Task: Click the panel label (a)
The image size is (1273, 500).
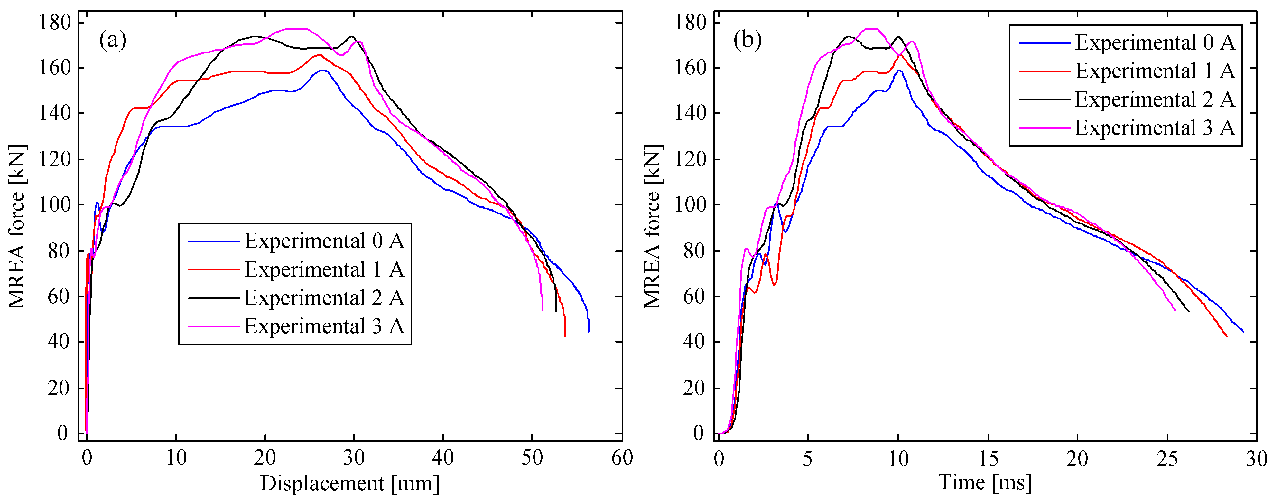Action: tap(113, 40)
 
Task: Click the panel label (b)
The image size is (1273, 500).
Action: tap(747, 40)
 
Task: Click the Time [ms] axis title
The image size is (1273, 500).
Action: tap(985, 482)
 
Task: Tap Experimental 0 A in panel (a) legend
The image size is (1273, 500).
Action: tap(324, 241)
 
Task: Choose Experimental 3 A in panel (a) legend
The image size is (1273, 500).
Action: tap(324, 326)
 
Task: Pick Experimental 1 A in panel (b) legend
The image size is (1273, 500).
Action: tap(1155, 71)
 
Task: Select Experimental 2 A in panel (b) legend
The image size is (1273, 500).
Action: tap(1155, 100)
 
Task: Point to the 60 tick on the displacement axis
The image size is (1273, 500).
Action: tap(622, 458)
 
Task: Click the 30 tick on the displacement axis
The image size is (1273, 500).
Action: tap(354, 458)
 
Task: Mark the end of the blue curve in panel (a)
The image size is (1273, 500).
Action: tap(588, 331)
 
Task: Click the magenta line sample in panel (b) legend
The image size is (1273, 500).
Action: tap(1044, 128)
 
